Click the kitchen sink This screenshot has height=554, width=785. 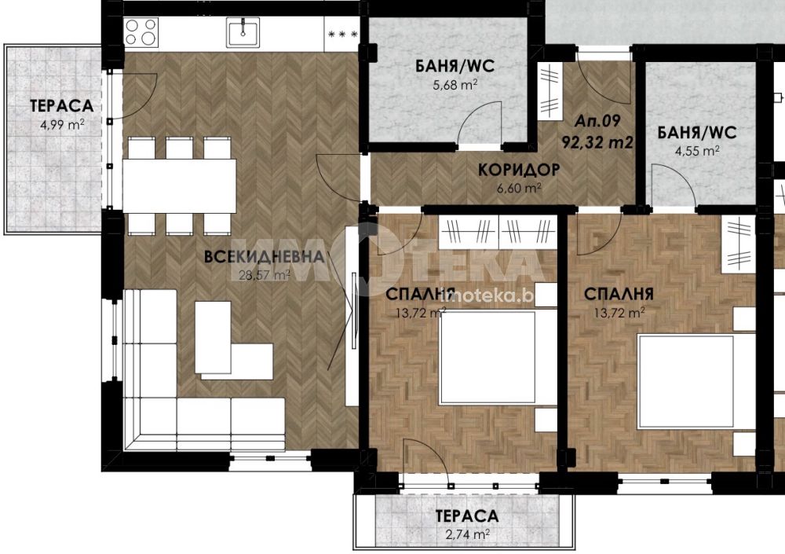[x=243, y=32]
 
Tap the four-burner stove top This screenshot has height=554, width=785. [x=141, y=32]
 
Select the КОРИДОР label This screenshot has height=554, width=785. [x=519, y=170]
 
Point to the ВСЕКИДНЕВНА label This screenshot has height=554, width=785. [x=265, y=257]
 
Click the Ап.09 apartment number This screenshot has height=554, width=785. [x=597, y=121]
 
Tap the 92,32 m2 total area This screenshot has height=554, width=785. [x=597, y=142]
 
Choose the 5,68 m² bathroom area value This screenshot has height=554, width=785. [x=455, y=85]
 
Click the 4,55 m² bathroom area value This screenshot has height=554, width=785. [x=697, y=150]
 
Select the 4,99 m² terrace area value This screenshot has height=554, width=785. [x=62, y=124]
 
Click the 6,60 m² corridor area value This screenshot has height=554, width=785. [x=519, y=189]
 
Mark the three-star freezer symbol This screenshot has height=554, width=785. [x=342, y=35]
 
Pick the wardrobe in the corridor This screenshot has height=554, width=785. [x=549, y=90]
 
